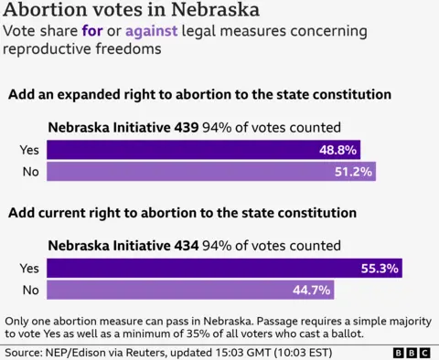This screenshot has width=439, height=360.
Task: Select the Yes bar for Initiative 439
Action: point(203,150)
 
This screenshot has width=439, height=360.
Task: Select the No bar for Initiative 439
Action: point(210,172)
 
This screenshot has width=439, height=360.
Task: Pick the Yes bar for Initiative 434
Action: point(224,269)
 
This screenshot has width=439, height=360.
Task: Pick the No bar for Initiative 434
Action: point(189,291)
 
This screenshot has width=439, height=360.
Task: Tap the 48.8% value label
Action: point(337,150)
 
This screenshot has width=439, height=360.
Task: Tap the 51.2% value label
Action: point(353,172)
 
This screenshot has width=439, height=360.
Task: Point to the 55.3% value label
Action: point(380,269)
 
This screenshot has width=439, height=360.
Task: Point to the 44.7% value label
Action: point(312,291)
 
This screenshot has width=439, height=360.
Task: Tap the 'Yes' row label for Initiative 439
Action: point(29,150)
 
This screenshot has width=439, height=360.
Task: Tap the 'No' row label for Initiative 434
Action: point(30,291)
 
